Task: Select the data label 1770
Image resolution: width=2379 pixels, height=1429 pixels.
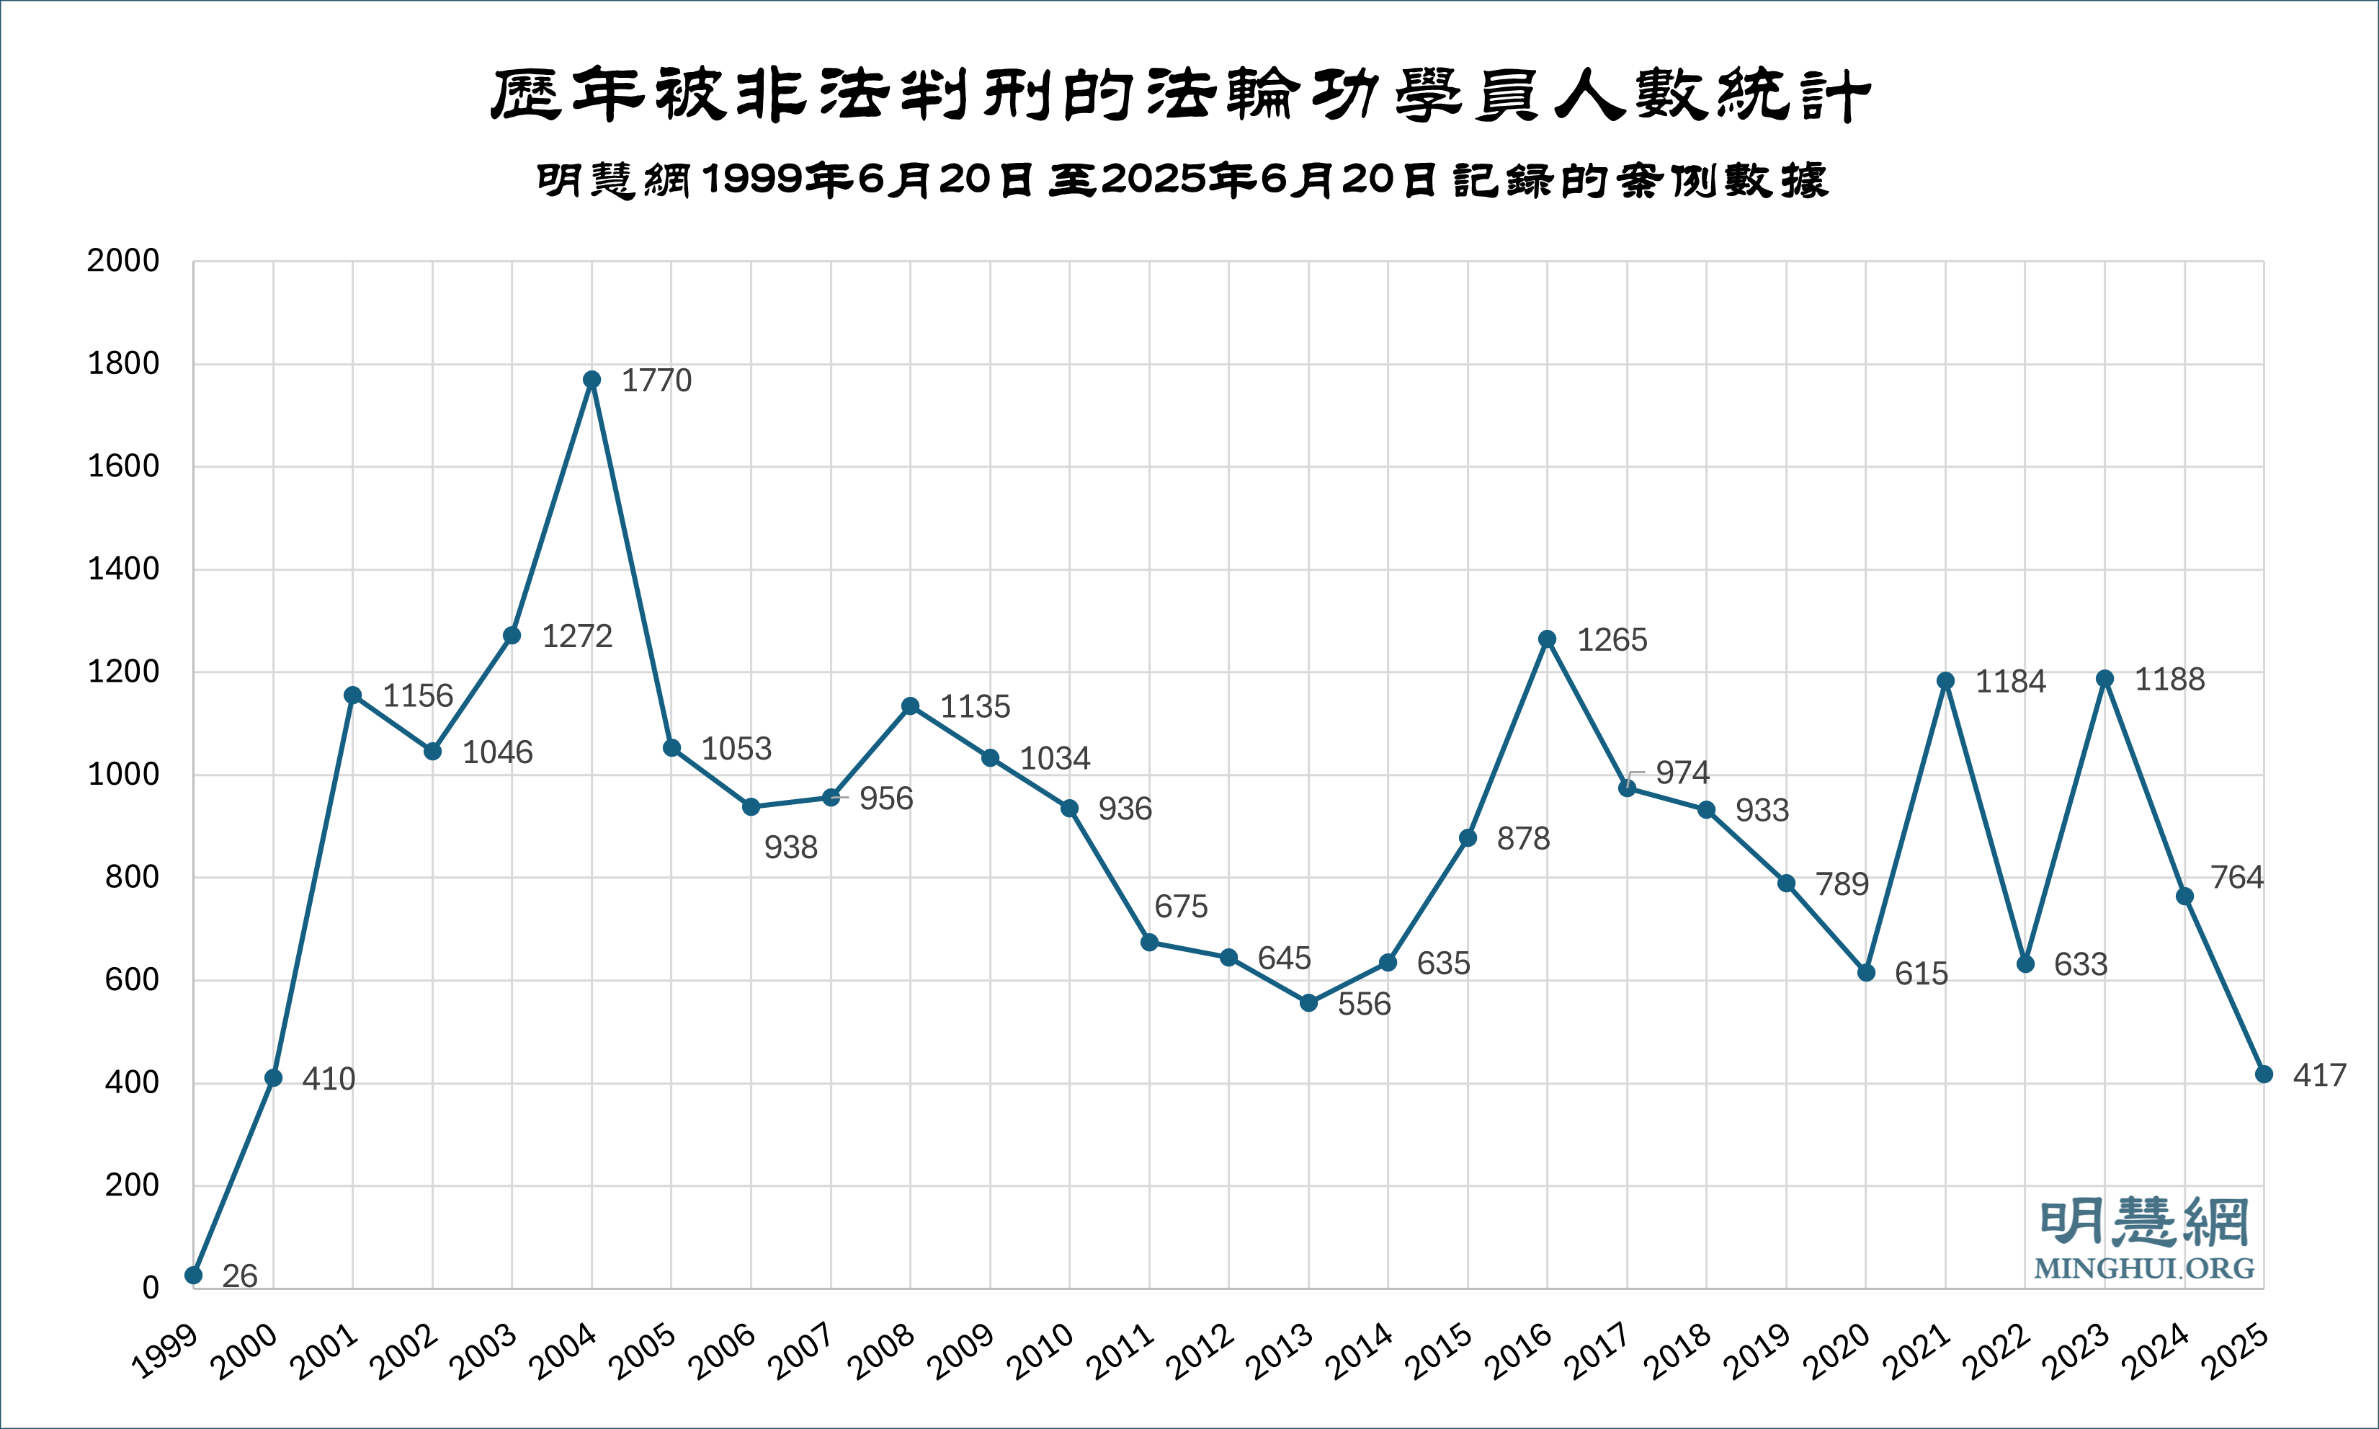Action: [656, 381]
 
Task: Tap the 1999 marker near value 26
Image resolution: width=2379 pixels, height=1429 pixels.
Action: [194, 1275]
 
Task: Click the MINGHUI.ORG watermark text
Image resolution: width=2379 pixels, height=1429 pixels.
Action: [2144, 1268]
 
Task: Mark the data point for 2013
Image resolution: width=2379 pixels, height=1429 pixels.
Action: [1308, 1003]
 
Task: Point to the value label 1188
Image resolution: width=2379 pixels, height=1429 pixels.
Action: [2169, 680]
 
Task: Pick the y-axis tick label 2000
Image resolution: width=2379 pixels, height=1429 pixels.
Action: [123, 261]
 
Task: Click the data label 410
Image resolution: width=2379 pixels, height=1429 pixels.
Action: [329, 1079]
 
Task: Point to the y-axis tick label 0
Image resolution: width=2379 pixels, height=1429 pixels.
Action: [150, 1288]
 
